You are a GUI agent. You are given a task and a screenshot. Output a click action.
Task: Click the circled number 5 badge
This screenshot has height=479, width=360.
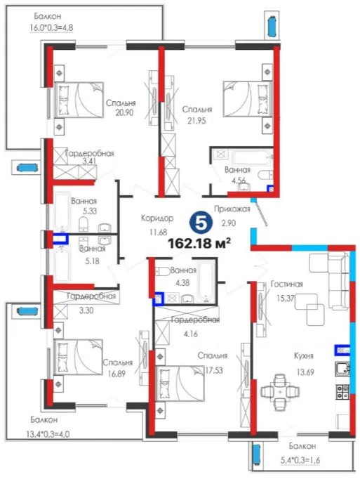(x=200, y=223)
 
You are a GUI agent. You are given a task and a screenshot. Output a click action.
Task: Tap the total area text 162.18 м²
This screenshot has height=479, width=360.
(x=199, y=243)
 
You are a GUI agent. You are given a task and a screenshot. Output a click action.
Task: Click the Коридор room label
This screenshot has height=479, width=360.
(x=157, y=218)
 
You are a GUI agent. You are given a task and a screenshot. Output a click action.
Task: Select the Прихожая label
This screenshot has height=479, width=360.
(x=232, y=209)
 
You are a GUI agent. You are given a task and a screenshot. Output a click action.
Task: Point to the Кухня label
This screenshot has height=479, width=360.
(x=304, y=356)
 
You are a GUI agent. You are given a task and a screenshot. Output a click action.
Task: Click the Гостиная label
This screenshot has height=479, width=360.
(x=287, y=284)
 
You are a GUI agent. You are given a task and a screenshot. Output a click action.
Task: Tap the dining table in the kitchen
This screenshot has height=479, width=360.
(x=280, y=392)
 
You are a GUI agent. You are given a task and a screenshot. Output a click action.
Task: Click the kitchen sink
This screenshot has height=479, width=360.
(x=342, y=369)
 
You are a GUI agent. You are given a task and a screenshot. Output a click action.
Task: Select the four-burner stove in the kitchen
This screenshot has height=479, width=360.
(x=342, y=392)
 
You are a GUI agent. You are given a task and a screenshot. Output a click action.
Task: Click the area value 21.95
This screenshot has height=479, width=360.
(x=196, y=121)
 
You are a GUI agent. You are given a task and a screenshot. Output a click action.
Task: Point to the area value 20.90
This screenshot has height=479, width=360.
(x=124, y=112)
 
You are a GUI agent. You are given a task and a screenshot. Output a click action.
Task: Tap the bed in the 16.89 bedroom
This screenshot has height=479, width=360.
(x=78, y=357)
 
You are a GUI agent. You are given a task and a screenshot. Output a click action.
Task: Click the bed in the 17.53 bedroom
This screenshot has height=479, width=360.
(x=180, y=383)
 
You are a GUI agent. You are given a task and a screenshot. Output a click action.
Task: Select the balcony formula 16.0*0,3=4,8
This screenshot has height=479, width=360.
(x=51, y=28)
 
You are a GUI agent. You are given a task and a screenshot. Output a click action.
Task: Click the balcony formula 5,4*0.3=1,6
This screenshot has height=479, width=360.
(x=300, y=460)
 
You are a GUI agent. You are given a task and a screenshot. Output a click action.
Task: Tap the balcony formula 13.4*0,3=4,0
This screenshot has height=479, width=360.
(x=48, y=434)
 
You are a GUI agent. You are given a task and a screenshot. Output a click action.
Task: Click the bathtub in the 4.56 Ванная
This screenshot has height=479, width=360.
(x=252, y=157)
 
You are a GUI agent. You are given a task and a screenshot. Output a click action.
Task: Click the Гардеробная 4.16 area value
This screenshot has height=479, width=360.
(x=191, y=334)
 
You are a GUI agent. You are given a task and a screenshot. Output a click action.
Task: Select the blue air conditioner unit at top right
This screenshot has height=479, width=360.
(x=272, y=26)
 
